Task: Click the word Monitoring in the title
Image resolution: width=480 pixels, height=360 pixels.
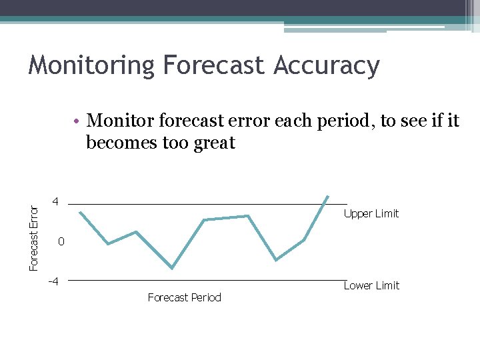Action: (91, 65)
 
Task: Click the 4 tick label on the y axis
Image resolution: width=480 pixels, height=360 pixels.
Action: (57, 202)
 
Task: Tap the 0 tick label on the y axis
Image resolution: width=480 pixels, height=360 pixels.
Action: (60, 242)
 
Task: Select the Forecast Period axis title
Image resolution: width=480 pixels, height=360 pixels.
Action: (184, 297)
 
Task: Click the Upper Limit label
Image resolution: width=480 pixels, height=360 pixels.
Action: (371, 213)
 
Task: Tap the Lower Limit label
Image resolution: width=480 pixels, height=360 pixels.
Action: (371, 285)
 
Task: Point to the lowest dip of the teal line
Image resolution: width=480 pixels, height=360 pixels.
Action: (172, 268)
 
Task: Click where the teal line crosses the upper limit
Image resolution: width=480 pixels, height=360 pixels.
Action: (324, 204)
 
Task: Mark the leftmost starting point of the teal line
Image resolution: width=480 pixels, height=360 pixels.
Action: (80, 212)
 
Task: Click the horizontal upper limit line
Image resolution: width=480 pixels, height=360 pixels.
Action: (200, 204)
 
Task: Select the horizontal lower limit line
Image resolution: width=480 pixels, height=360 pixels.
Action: (200, 280)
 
